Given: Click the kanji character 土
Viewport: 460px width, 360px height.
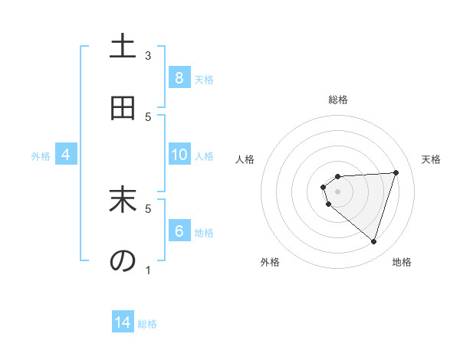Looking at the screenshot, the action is tap(123, 47).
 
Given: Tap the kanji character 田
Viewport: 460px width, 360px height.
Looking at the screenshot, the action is tap(123, 109).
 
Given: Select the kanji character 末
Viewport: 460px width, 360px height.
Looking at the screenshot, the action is tap(123, 200).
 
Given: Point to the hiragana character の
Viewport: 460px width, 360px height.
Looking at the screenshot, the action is tap(123, 261).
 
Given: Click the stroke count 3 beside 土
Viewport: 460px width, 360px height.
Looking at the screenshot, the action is tap(148, 55).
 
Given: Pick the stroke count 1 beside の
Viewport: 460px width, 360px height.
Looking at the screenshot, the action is tap(148, 270).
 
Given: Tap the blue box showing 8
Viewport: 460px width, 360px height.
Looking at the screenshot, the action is tap(179, 77).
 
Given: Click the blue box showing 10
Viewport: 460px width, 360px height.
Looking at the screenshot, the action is tap(179, 155).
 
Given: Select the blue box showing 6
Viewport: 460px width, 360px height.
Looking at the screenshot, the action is tap(179, 231).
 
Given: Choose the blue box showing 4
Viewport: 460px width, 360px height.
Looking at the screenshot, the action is tap(66, 155).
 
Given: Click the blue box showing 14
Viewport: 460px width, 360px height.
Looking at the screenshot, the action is tap(123, 322).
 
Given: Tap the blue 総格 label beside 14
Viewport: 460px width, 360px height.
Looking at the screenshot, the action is tap(147, 324).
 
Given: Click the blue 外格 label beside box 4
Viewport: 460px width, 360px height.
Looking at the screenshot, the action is tap(41, 156).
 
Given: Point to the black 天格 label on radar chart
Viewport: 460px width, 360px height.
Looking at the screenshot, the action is tap(432, 159).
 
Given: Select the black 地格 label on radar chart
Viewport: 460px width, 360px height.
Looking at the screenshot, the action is tap(402, 263).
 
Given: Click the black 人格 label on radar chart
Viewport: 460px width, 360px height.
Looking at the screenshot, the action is tap(245, 159).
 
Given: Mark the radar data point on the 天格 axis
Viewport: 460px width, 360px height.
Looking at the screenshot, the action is tap(396, 172).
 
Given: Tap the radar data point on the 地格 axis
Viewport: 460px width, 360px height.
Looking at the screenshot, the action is tap(373, 241).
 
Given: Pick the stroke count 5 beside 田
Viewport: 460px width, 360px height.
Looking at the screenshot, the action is tap(148, 116).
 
